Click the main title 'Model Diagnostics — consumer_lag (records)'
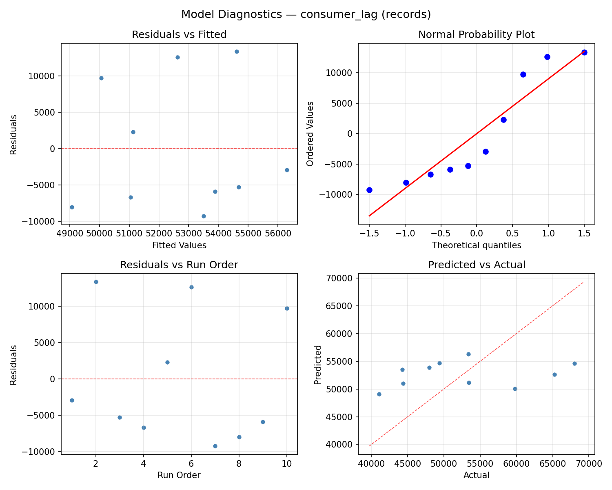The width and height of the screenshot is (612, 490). click(306, 14)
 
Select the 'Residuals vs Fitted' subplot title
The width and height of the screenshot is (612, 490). click(179, 35)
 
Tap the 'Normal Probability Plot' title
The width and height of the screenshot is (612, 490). click(476, 35)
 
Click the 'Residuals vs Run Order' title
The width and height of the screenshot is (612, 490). click(179, 265)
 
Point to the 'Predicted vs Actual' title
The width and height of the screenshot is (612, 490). click(476, 265)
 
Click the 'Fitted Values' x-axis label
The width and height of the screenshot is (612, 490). click(179, 245)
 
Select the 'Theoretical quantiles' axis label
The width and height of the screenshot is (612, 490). click(476, 245)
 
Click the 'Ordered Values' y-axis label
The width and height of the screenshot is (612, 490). click(310, 134)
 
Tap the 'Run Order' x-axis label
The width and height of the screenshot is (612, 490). click(179, 475)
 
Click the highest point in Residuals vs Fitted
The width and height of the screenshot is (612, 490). click(237, 51)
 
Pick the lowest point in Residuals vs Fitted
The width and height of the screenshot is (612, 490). click(204, 216)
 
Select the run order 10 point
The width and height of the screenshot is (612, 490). click(287, 308)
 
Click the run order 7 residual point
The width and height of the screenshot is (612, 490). click(215, 446)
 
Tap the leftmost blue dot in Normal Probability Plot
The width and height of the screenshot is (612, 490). click(369, 190)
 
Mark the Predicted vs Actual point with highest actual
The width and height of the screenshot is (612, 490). click(574, 363)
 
